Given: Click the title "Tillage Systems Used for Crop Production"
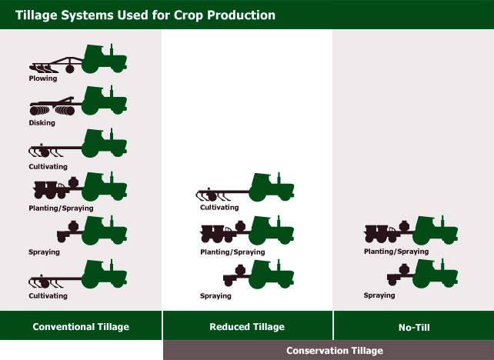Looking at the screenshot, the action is pyautogui.click(x=145, y=15).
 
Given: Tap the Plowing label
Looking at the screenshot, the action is pyautogui.click(x=43, y=78).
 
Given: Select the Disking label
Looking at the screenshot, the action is pyautogui.click(x=42, y=122).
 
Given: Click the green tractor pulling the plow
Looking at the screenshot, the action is pyautogui.click(x=105, y=59).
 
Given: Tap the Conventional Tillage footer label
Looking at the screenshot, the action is pyautogui.click(x=81, y=327).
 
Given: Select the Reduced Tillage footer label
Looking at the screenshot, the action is pyautogui.click(x=247, y=327).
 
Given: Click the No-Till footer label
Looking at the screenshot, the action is pyautogui.click(x=414, y=328).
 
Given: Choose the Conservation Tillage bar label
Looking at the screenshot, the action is pyautogui.click(x=335, y=351).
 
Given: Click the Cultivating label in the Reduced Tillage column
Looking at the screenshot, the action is pyautogui.click(x=219, y=208).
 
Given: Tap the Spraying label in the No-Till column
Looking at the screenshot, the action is pyautogui.click(x=379, y=295).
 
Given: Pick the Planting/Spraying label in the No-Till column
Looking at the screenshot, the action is pyautogui.click(x=396, y=252).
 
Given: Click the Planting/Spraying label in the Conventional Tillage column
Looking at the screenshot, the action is pyautogui.click(x=61, y=208).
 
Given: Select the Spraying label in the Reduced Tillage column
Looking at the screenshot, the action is pyautogui.click(x=215, y=296).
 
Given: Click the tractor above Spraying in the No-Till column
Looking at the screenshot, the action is pyautogui.click(x=435, y=273).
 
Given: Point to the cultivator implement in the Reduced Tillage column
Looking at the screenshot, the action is pyautogui.click(x=222, y=195).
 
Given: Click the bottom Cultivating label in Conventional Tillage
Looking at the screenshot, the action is pyautogui.click(x=48, y=296).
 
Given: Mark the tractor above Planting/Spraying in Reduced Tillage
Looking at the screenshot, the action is pyautogui.click(x=272, y=231).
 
